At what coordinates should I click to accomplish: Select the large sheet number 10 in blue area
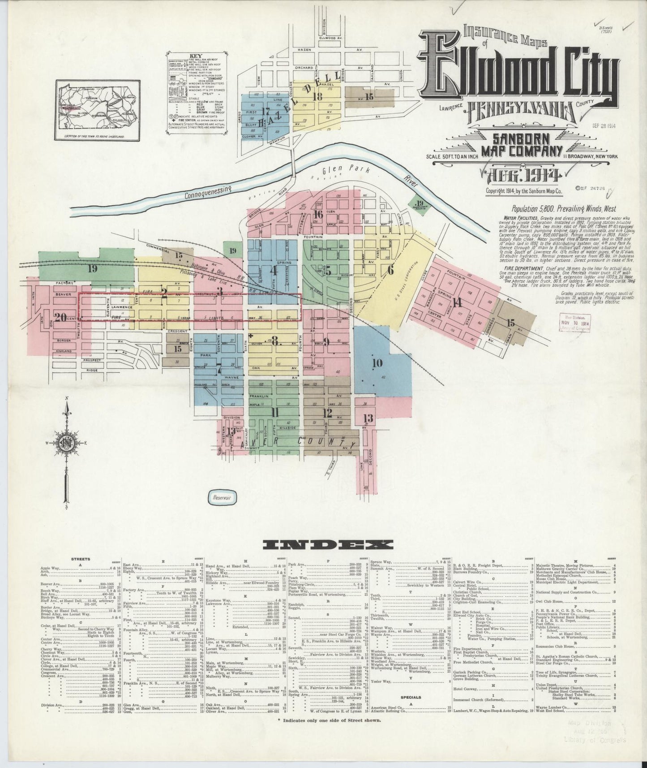point(377,363)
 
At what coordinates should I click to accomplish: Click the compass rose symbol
point(67,444)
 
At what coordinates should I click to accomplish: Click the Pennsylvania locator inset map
point(97,110)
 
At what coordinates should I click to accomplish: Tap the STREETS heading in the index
point(81,559)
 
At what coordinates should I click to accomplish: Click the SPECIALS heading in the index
point(410,710)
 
